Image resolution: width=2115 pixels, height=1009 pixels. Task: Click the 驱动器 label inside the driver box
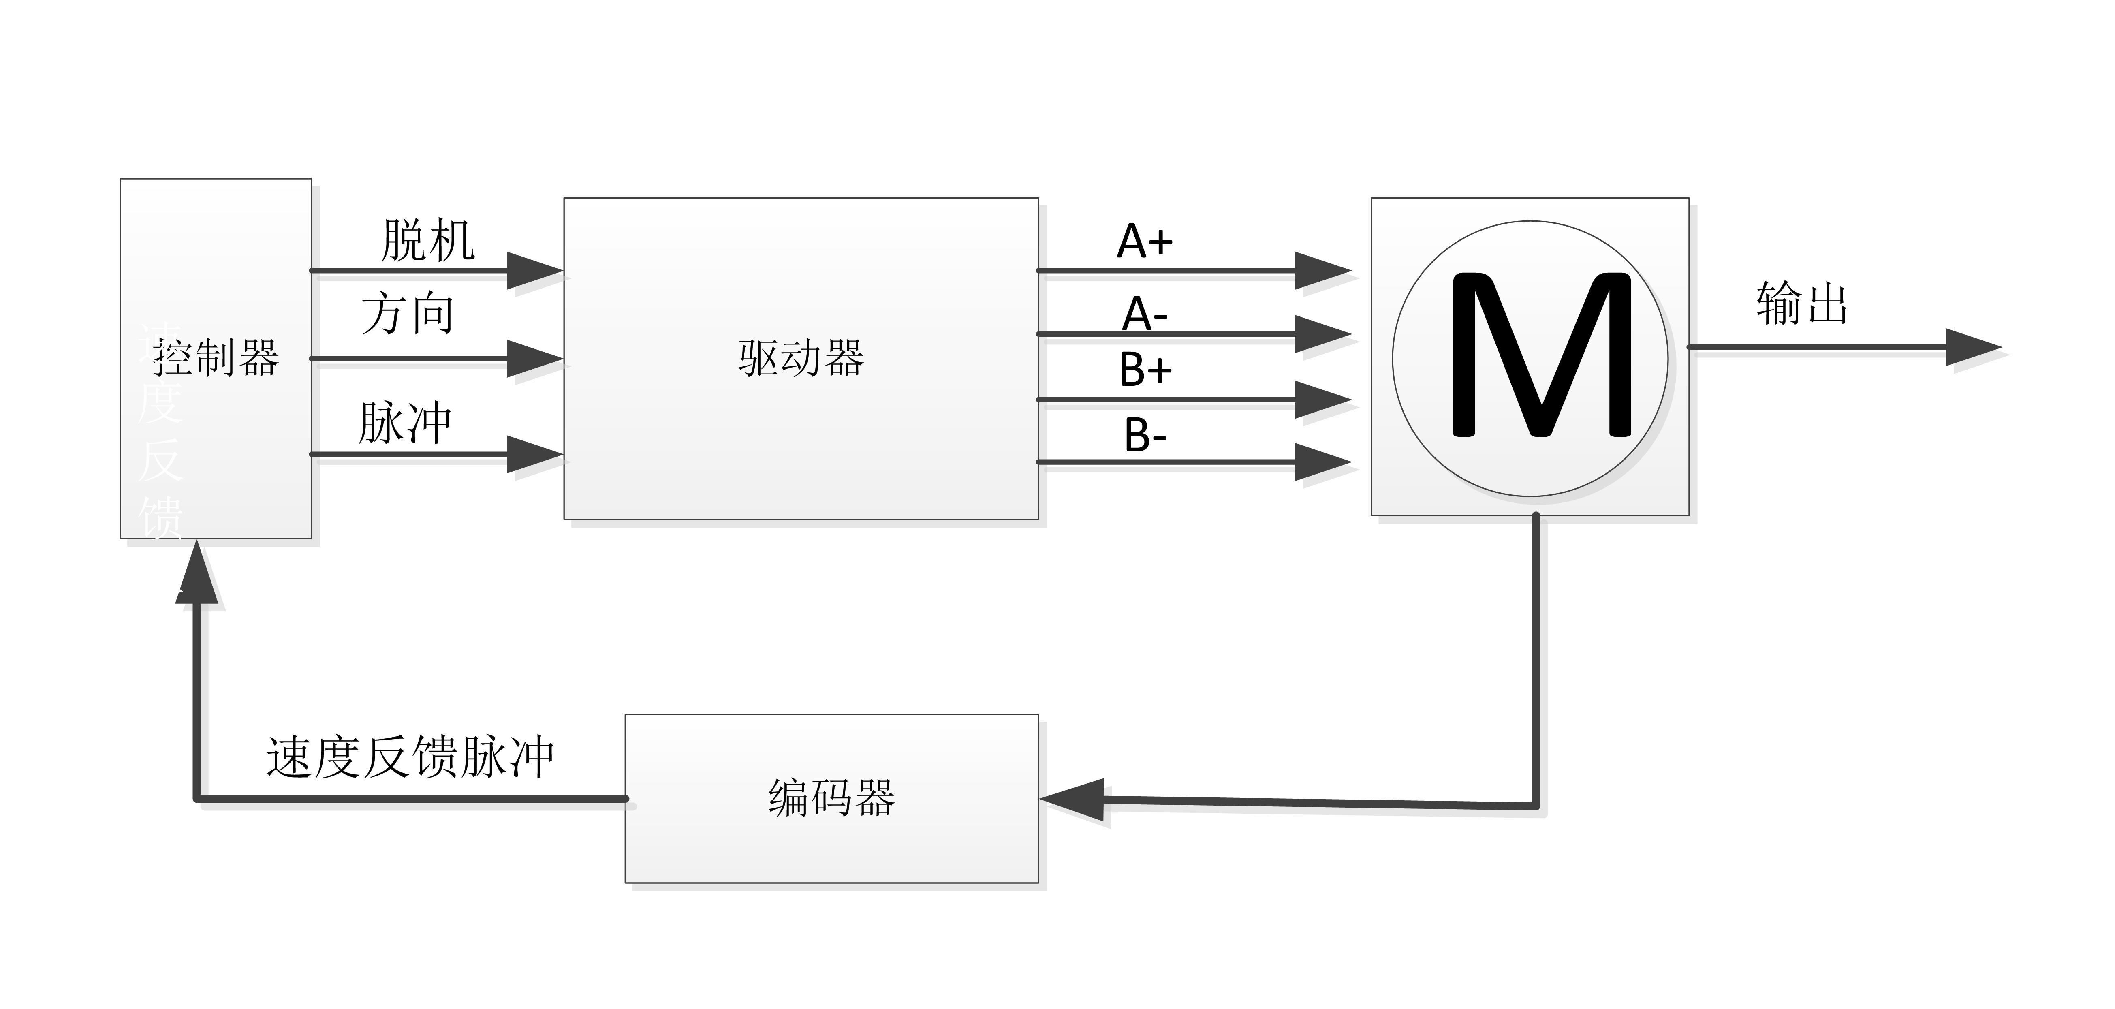click(x=801, y=359)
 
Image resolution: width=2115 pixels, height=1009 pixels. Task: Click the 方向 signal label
click(x=407, y=314)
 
